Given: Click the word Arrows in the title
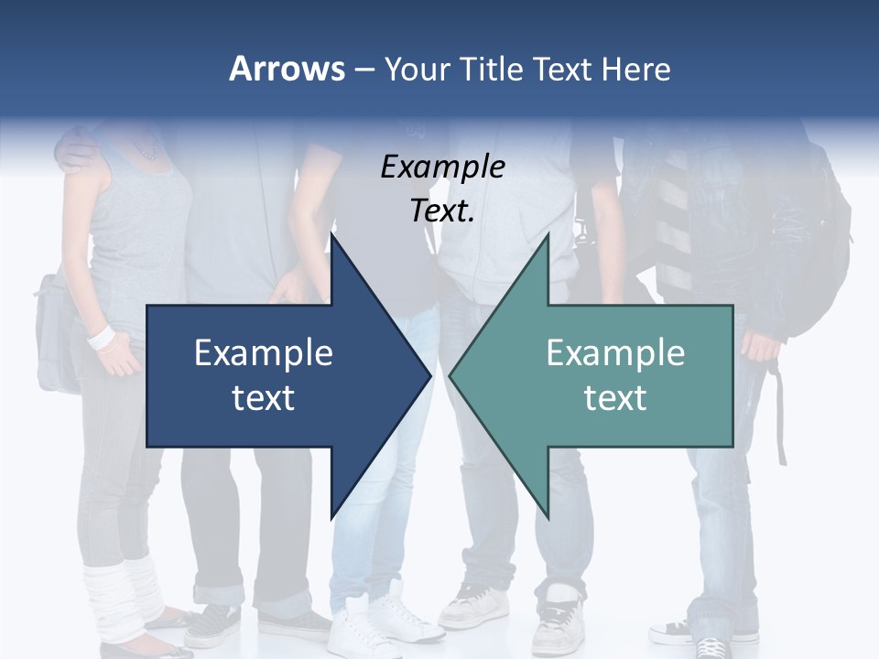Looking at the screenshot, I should [287, 69].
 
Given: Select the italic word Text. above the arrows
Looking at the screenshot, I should [442, 211].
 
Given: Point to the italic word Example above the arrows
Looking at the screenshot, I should [442, 167].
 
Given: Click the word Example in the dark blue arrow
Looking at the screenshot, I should [264, 353].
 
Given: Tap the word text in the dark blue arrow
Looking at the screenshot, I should [264, 397].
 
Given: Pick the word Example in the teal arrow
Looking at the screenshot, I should [615, 353].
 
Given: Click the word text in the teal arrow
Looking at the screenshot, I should [615, 397].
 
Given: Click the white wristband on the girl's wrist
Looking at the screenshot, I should [101, 336].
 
